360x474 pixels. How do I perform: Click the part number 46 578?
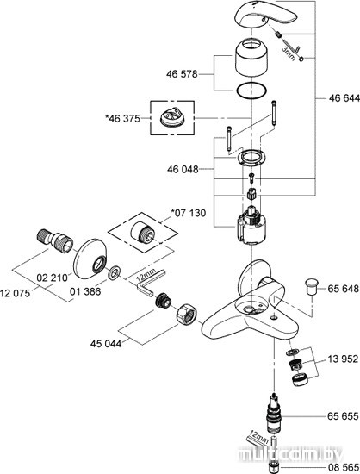click(x=182, y=74)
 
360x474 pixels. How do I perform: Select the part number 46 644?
click(x=344, y=98)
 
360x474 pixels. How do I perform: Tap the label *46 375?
click(x=122, y=119)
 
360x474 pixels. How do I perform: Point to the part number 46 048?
click(x=183, y=169)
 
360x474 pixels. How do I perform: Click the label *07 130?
click(x=188, y=213)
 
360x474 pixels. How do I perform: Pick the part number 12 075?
click(x=16, y=293)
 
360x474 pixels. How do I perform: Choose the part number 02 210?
click(x=52, y=278)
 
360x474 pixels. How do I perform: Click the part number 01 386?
click(x=85, y=291)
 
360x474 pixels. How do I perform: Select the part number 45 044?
click(x=106, y=344)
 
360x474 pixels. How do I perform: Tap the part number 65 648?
click(x=344, y=289)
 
